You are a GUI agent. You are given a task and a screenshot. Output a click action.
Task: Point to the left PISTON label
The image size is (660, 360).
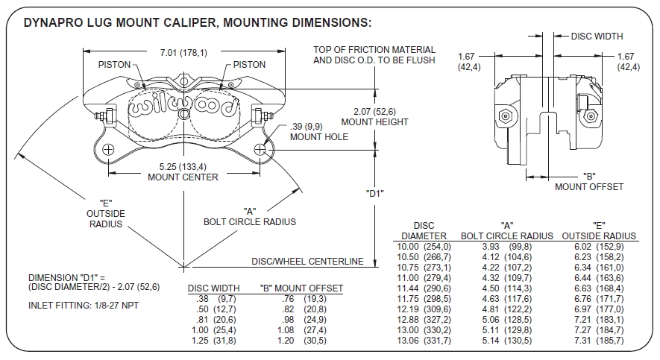tap(114, 65)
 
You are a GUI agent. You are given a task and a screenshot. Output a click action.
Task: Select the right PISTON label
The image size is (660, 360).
tap(249, 65)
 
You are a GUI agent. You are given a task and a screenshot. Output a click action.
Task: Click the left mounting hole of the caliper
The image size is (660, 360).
tap(109, 151)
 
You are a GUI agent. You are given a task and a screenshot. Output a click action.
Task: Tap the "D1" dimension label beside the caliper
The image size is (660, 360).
tap(375, 194)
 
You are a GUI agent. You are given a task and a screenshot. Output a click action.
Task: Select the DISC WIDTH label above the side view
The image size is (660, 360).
tap(597, 36)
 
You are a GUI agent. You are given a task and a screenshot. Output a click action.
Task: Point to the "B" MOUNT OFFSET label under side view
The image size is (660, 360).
tap(588, 182)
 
